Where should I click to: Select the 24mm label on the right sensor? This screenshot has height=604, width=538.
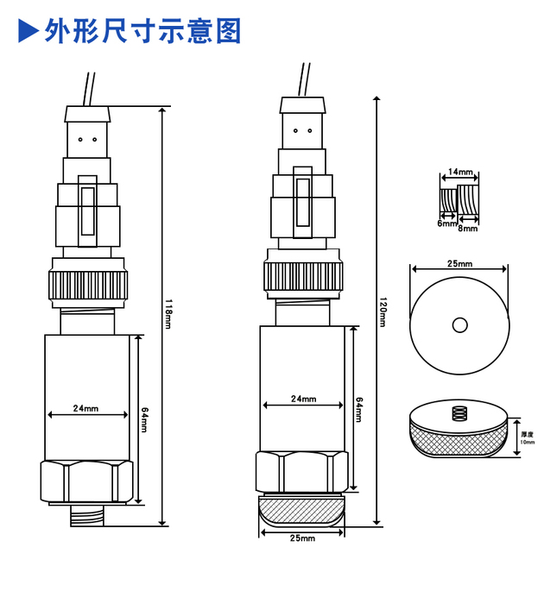click(302, 400)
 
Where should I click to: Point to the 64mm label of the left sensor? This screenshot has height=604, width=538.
click(145, 418)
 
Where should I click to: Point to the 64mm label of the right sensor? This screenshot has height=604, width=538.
click(358, 409)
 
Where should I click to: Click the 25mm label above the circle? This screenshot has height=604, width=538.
click(459, 263)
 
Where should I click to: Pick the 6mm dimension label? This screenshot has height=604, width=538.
click(446, 223)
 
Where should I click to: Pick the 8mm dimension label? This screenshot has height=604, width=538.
click(468, 228)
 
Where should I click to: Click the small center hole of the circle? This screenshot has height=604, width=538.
click(459, 324)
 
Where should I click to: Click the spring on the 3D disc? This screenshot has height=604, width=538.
click(459, 414)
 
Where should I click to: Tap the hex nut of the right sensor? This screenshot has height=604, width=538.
click(301, 471)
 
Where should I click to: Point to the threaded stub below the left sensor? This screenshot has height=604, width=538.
click(86, 516)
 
